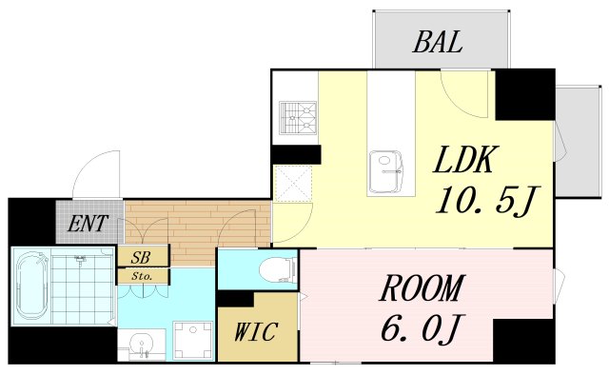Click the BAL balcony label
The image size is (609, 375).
coord(438,42)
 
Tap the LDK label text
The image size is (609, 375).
coord(465,159)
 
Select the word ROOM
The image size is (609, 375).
coord(422,288)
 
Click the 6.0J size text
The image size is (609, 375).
coord(421,329)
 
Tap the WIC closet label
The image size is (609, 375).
coord(256,332)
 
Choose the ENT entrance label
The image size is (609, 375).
coord(87,224)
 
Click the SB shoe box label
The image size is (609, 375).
coord(141,257)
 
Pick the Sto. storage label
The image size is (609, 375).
coord(142,277)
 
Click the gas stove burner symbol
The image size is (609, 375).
coord(298,118)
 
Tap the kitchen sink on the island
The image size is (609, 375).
coord(386,171)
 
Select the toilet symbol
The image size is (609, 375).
coord(278,269)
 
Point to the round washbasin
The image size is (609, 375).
coord(142,344)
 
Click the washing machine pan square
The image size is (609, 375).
coord(193,339)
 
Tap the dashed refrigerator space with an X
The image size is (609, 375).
coord(293,184)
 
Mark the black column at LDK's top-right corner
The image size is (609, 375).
coord(524,94)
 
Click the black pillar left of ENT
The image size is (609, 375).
coord(31,221)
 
